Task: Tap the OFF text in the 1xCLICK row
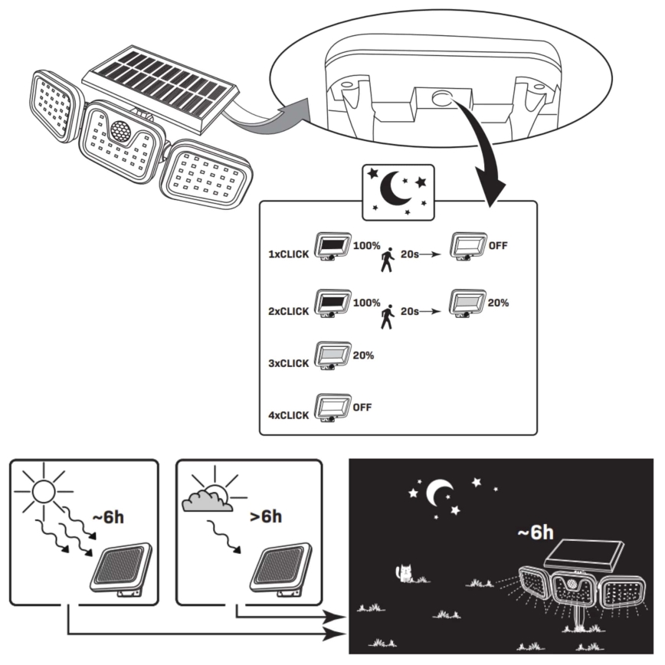[498, 246]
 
